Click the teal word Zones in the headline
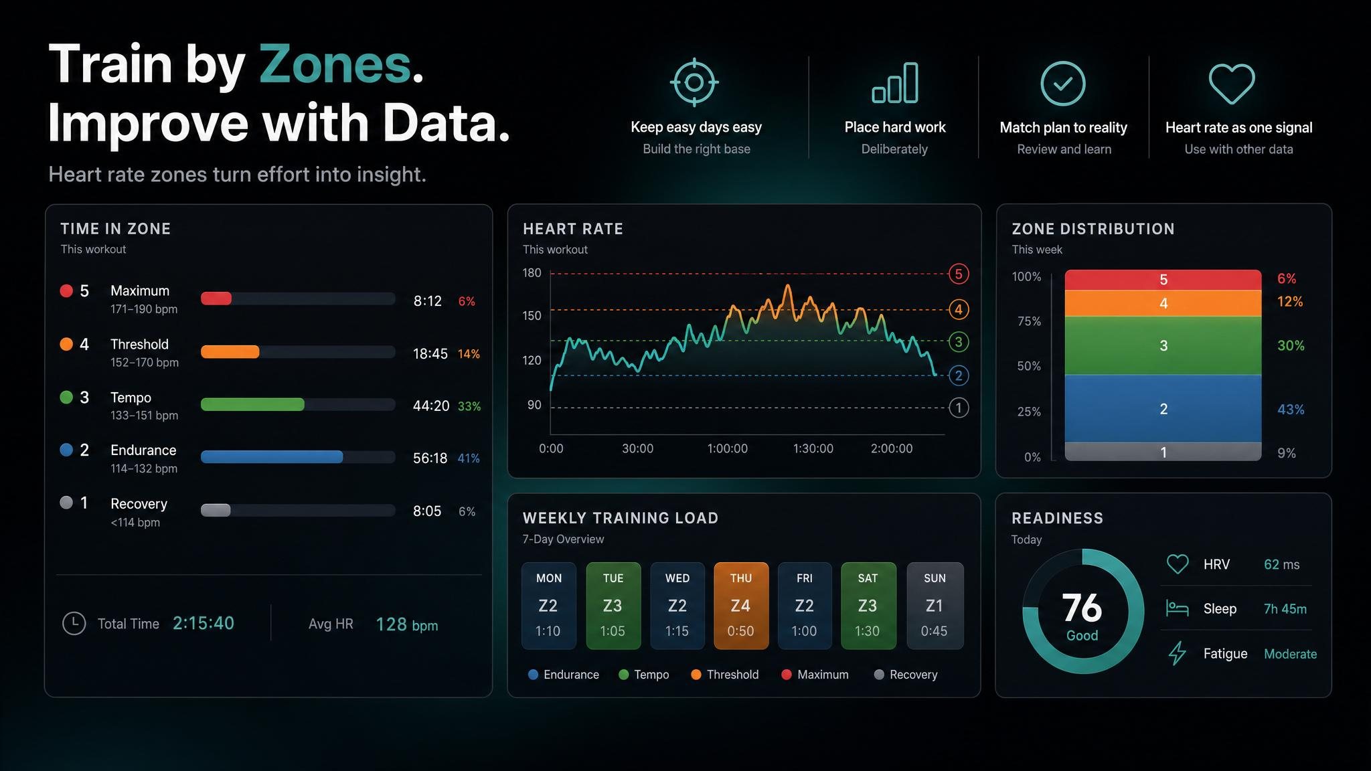coord(335,64)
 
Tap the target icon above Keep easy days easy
coord(694,82)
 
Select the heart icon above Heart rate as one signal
coord(1232,84)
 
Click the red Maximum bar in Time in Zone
coord(216,298)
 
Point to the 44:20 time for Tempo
coord(431,406)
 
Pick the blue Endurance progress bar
coord(272,457)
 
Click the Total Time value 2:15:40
coord(204,623)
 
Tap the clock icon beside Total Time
coord(74,623)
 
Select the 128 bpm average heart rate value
coord(407,624)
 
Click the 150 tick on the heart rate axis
coord(532,315)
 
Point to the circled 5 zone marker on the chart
coord(959,274)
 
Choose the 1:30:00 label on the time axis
coord(813,448)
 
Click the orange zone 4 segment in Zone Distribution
coord(1163,303)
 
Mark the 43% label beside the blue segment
coord(1291,409)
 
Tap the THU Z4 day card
coord(741,606)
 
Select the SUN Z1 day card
coord(935,606)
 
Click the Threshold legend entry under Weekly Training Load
coord(725,675)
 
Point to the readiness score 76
coord(1082,608)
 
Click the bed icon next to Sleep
coord(1177,608)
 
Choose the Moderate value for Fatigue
coord(1290,654)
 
